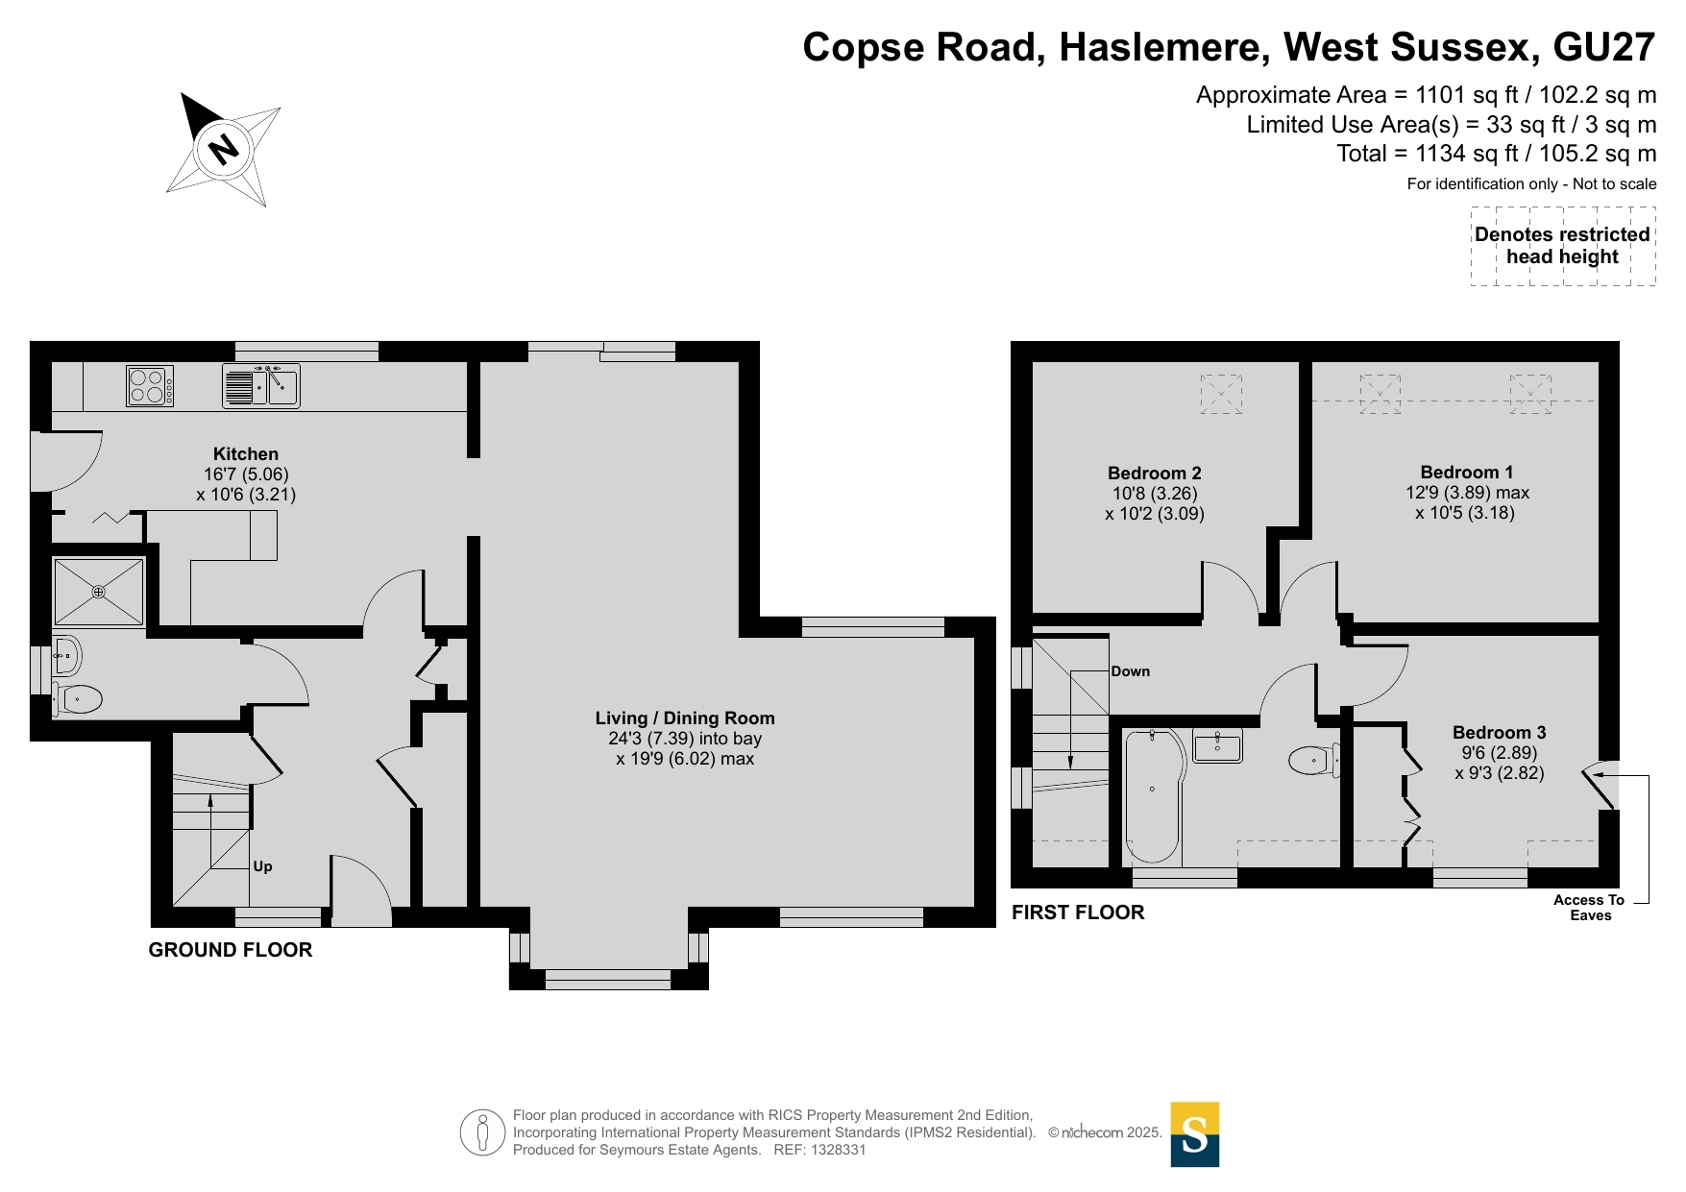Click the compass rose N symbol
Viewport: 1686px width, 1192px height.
223,149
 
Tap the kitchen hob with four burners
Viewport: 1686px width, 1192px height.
150,386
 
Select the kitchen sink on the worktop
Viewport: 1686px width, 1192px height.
261,386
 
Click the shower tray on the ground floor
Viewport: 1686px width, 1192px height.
98,592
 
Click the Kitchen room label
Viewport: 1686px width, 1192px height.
246,454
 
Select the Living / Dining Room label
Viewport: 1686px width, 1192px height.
685,718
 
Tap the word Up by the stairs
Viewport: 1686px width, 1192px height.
262,866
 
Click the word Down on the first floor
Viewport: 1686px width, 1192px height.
1131,671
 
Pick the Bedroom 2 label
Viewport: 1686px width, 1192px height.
1155,473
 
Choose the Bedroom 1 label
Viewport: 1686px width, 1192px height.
1467,472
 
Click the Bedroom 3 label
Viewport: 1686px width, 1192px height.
1500,732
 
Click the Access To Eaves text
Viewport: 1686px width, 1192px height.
1590,908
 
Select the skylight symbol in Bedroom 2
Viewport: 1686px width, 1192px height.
1221,394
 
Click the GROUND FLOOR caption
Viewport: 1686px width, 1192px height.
231,950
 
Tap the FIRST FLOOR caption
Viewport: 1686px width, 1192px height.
1078,912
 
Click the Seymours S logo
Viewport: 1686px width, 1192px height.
1195,1134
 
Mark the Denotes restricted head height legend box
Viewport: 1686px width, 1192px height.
1563,246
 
